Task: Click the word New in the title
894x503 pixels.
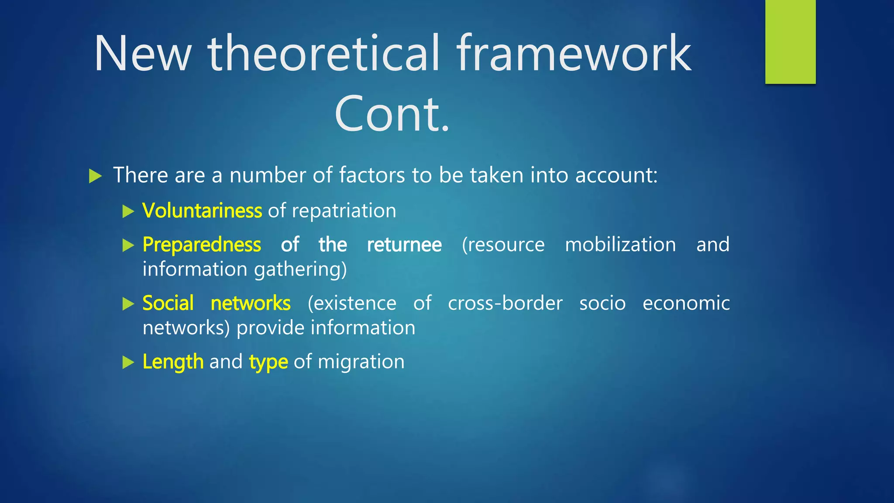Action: (x=142, y=54)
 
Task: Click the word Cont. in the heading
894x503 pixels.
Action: (x=392, y=114)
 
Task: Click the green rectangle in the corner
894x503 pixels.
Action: (x=790, y=42)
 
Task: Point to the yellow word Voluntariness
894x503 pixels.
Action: (x=202, y=211)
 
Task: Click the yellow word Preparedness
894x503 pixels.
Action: (x=202, y=245)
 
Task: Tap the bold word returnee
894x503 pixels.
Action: (x=404, y=245)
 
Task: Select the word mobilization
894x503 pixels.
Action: (x=620, y=245)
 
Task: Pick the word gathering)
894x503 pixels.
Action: (x=300, y=270)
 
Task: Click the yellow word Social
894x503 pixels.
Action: (x=168, y=303)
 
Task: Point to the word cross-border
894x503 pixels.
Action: (x=505, y=303)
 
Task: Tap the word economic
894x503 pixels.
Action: (x=686, y=303)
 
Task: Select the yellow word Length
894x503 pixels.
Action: (x=173, y=362)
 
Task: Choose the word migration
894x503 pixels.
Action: (x=361, y=362)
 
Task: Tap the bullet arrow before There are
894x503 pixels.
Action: (x=95, y=176)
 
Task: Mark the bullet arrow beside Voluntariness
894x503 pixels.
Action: (x=128, y=212)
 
